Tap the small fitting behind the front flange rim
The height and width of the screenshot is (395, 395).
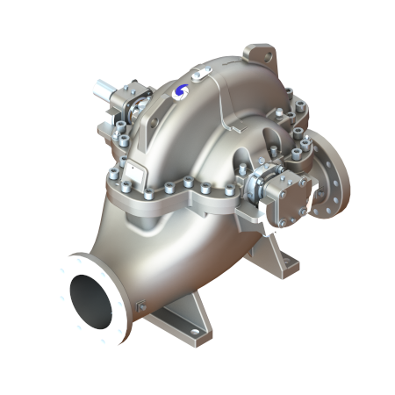tap(141, 305)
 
